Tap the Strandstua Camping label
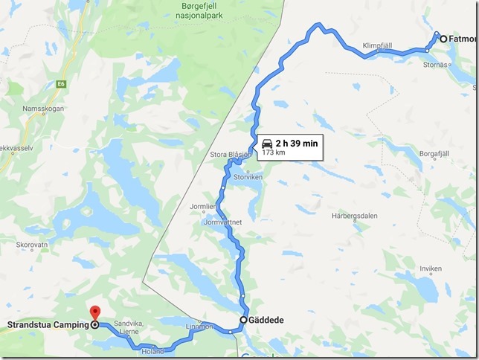pos(45,325)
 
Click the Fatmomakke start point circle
pos(443,39)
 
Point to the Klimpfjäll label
pos(377,45)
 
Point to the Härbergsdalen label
pos(358,216)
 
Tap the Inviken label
pos(431,269)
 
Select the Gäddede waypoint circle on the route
pos(243,321)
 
